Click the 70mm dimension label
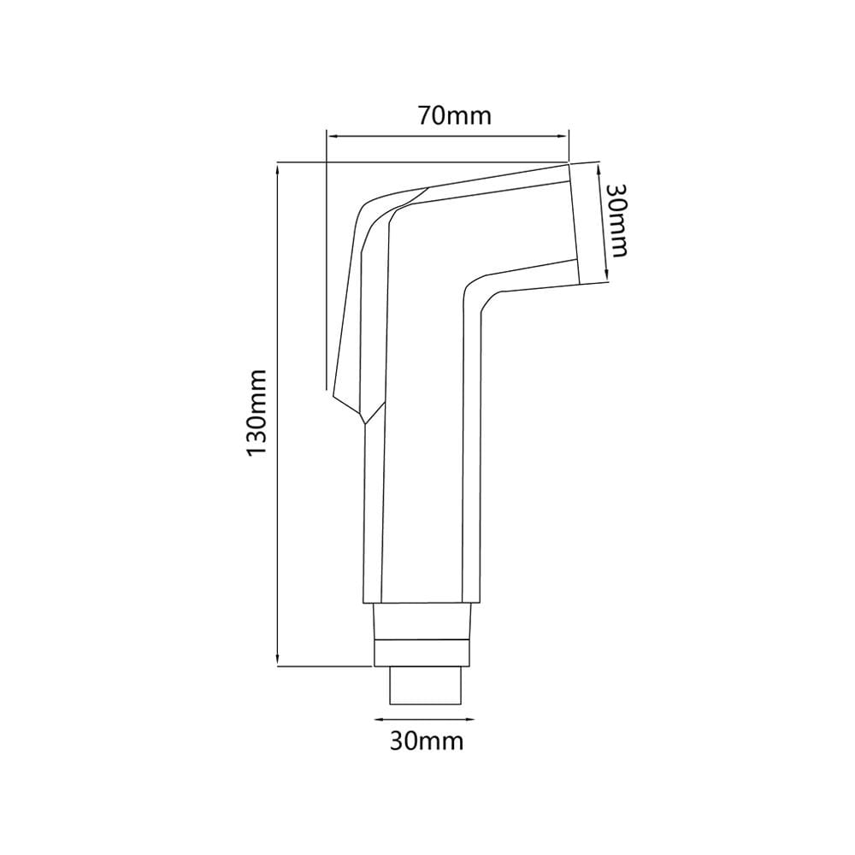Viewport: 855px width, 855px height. (455, 115)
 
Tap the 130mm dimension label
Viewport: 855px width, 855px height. (256, 413)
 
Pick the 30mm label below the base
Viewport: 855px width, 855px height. (427, 741)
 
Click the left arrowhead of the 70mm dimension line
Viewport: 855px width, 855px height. (331, 136)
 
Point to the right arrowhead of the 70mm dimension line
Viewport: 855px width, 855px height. (563, 136)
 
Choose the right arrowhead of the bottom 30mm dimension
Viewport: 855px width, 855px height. (469, 719)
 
